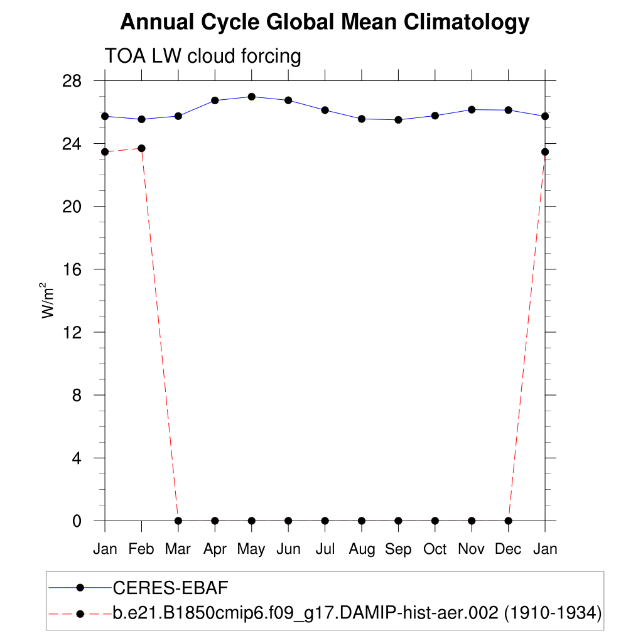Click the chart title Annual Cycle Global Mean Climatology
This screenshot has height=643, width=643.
(x=325, y=23)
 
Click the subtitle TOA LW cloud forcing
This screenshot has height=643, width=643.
(x=203, y=56)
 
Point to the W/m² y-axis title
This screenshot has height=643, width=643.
(x=48, y=300)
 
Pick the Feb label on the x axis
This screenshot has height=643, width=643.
(x=141, y=549)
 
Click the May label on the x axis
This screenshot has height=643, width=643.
(x=251, y=549)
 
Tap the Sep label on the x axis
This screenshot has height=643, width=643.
(x=398, y=549)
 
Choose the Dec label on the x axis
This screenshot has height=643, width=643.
(x=508, y=549)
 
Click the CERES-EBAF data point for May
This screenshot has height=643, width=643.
(x=252, y=97)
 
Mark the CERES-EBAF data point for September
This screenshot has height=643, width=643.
(x=398, y=119)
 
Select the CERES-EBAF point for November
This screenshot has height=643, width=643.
(x=472, y=110)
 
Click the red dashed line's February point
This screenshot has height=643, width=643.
(x=142, y=148)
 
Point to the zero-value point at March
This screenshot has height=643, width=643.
(x=178, y=521)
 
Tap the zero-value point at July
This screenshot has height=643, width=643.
(x=325, y=521)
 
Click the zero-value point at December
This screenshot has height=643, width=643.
(x=508, y=521)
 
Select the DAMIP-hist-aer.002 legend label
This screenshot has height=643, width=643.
(x=357, y=612)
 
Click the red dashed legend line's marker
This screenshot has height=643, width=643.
(x=80, y=612)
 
